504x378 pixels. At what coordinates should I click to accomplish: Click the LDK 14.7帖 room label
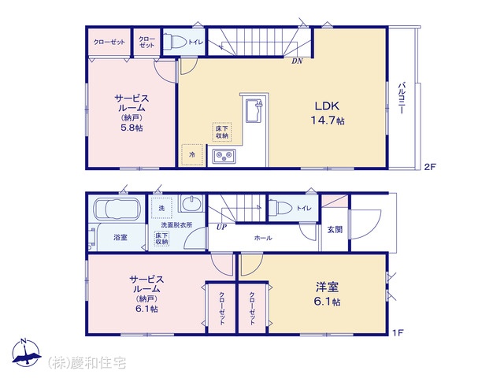[328, 113]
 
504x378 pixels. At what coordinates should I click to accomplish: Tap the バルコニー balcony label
[402, 98]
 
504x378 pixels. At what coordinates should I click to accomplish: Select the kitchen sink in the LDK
[254, 110]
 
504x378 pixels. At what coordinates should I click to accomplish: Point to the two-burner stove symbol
[224, 156]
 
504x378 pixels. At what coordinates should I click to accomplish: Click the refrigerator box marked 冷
[192, 155]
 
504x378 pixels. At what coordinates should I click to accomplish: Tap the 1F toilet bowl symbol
[280, 208]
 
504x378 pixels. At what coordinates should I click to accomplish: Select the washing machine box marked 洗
[161, 208]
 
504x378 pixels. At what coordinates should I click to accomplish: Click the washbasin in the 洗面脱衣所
[191, 203]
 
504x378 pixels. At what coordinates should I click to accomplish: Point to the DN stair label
[297, 61]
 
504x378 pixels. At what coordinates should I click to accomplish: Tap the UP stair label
[221, 228]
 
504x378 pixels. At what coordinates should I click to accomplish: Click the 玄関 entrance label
[335, 229]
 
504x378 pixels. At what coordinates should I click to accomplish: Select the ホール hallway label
[263, 238]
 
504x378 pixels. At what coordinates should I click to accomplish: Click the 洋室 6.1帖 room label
[328, 294]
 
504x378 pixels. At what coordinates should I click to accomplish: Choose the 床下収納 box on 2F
[222, 132]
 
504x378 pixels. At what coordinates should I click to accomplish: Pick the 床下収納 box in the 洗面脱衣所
[162, 239]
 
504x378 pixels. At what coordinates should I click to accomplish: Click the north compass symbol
[26, 353]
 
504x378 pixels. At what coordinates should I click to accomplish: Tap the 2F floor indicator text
[430, 167]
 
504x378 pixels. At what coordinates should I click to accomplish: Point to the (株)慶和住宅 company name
[87, 363]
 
